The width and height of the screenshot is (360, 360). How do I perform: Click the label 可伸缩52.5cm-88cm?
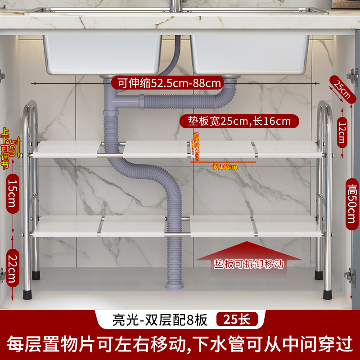(x=169, y=83)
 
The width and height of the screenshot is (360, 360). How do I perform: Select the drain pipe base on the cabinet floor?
(x=174, y=285)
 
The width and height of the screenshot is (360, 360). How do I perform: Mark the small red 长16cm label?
(x=225, y=166)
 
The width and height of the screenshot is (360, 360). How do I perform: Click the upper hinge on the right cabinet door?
(x=353, y=77)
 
